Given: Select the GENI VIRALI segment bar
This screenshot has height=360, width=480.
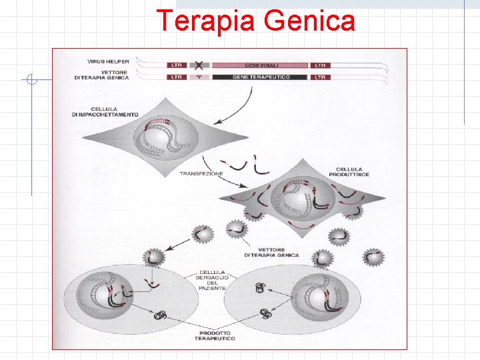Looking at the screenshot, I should point(259,66).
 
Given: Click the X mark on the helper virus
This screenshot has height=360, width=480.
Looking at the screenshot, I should point(199,65).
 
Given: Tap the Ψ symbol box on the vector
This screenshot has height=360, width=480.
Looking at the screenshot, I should point(199,77).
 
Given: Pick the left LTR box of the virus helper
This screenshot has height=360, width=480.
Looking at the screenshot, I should point(177,66).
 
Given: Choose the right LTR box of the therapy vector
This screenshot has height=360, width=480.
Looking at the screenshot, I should point(321,77).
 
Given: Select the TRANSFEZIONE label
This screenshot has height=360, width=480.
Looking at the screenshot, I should point(201,173).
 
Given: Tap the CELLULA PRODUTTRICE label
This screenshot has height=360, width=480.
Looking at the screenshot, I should point(353,171).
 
